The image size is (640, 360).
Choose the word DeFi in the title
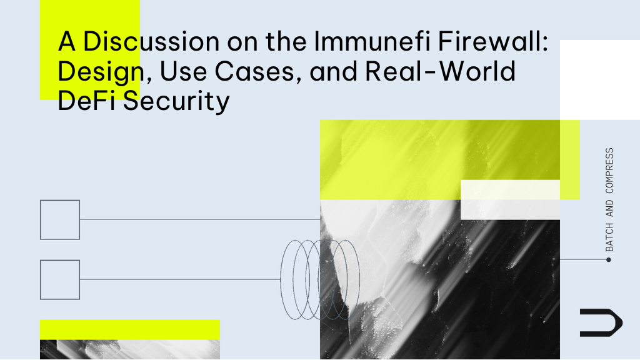tap(87, 102)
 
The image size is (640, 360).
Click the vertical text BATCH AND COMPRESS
tap(609, 199)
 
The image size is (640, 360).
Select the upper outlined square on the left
tap(60, 219)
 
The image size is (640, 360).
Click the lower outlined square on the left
tap(60, 279)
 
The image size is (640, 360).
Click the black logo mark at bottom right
tap(601, 322)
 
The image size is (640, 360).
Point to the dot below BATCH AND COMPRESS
tap(609, 259)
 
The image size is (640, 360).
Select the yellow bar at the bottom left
tap(129, 329)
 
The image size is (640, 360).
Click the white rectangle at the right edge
tap(600, 79)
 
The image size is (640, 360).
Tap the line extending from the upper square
tap(200, 219)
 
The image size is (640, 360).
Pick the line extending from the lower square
tap(181, 279)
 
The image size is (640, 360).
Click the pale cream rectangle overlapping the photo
tap(510, 200)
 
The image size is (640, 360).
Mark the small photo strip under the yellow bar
tap(129, 350)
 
